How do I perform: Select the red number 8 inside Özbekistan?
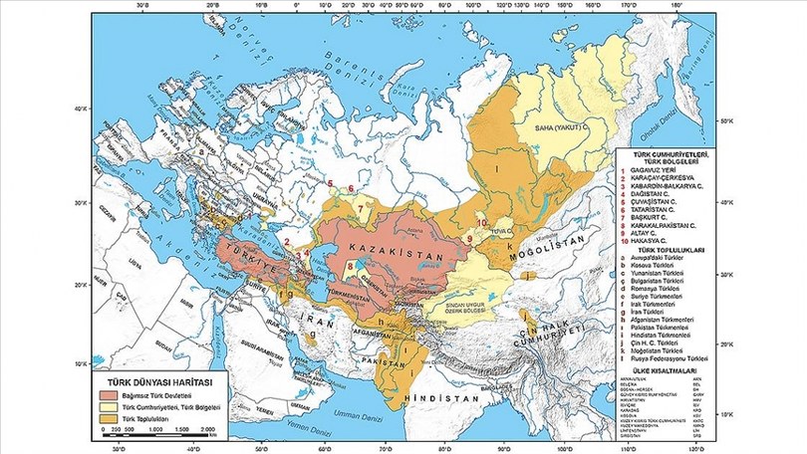point(350,269)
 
